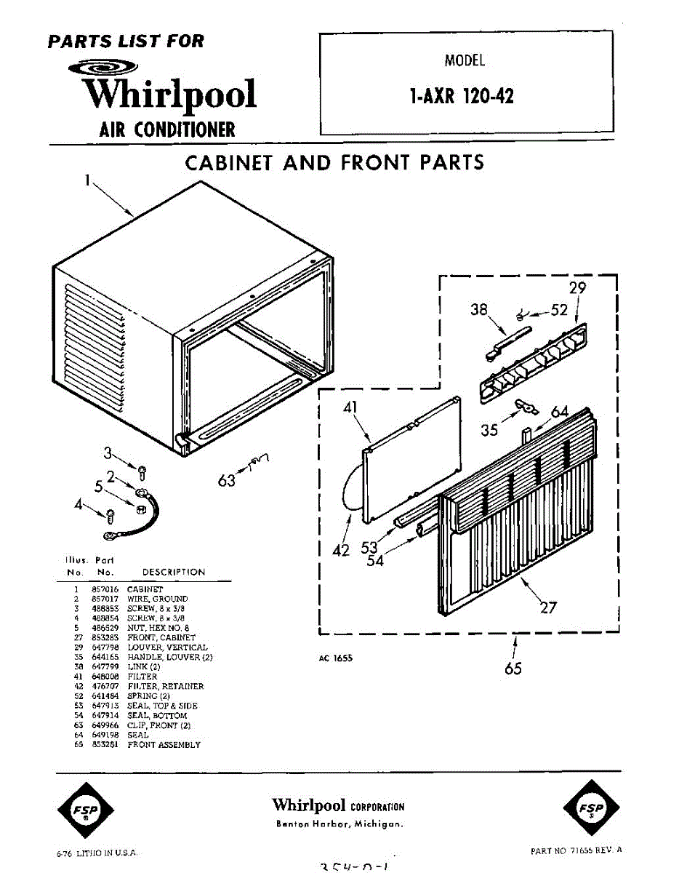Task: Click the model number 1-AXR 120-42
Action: point(462,96)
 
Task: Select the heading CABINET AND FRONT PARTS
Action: point(334,162)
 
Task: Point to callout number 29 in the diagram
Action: point(577,288)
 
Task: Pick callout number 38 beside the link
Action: point(479,309)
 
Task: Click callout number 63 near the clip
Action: point(228,481)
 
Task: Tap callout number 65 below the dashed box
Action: point(513,667)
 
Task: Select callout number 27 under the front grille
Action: point(548,607)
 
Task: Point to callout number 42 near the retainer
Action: point(341,551)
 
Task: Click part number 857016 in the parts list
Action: point(111,589)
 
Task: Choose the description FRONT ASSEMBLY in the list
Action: point(164,745)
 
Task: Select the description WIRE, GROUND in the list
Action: point(157,599)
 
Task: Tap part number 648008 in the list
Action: point(111,677)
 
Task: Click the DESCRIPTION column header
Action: point(174,572)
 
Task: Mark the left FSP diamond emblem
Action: point(87,810)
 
